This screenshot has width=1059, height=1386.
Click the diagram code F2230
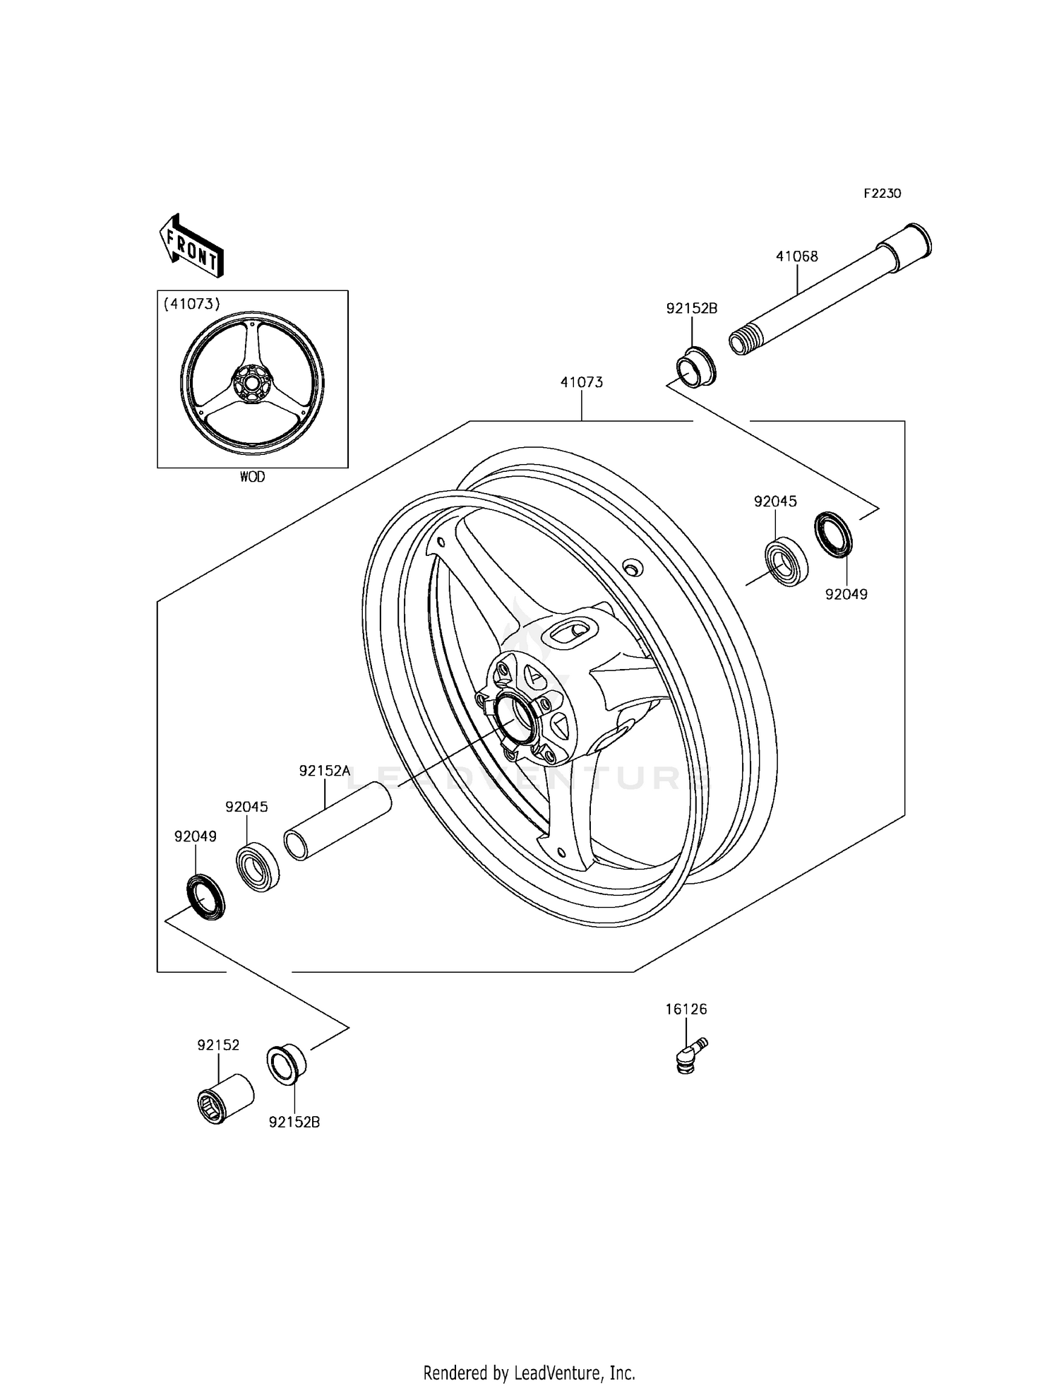(882, 194)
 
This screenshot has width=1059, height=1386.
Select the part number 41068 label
(796, 256)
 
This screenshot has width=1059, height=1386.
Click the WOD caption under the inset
(252, 477)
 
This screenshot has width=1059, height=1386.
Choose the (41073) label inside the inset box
(192, 304)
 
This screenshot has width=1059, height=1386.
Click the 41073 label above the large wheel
(581, 382)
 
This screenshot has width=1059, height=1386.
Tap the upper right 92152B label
(692, 308)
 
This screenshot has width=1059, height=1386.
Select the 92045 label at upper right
(775, 502)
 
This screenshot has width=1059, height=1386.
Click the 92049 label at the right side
(846, 594)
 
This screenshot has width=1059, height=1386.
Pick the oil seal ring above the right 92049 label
(834, 535)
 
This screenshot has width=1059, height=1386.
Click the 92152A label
(324, 771)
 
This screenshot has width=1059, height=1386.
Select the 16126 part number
(686, 1009)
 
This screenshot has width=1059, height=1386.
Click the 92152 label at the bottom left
(218, 1045)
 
